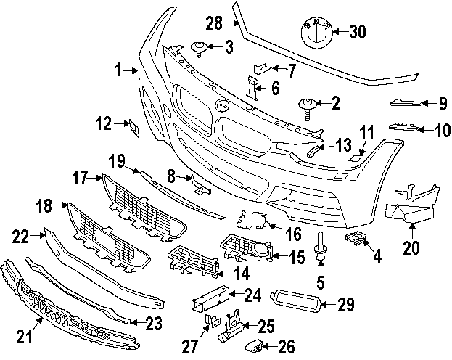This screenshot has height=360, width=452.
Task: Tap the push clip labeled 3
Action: coord(199,49)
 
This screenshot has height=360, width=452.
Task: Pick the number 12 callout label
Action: coord(104,125)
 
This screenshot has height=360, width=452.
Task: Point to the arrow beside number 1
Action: coord(133,70)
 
